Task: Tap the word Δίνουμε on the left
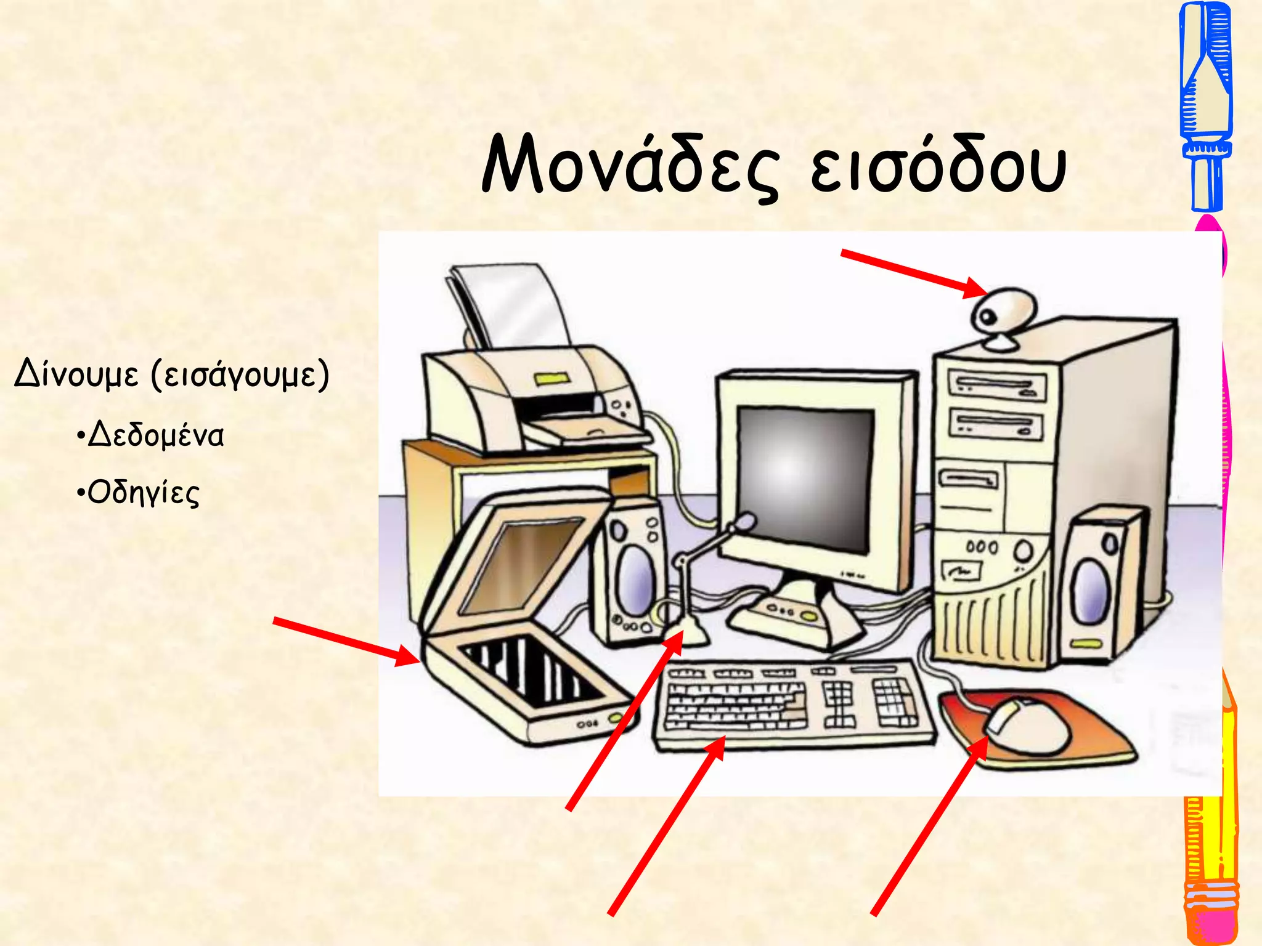pyautogui.click(x=76, y=374)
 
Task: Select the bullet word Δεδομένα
pyautogui.click(x=155, y=435)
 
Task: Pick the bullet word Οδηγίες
pyautogui.click(x=143, y=493)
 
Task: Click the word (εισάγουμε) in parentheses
pyautogui.click(x=240, y=374)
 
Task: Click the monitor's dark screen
pyautogui.click(x=804, y=477)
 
